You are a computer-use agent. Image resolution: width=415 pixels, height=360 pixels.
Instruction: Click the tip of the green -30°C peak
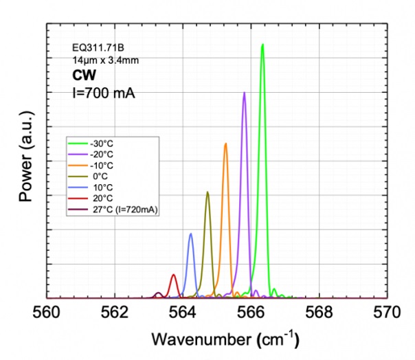[262, 45]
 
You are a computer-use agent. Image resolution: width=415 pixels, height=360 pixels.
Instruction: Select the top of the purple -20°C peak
[244, 93]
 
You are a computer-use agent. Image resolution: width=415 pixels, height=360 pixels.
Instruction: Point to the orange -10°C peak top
[225, 144]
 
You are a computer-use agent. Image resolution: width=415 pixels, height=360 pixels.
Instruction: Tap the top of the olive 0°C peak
[207, 192]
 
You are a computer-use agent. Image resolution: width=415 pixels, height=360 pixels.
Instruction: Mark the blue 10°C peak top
[190, 234]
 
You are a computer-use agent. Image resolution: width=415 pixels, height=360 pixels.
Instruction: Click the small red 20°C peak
[174, 275]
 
